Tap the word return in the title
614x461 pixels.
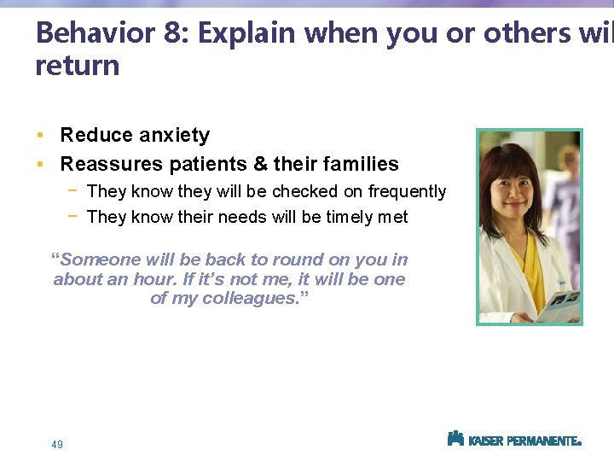point(78,66)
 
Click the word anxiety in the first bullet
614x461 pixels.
point(169,135)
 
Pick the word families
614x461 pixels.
point(358,163)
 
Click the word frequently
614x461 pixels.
point(407,191)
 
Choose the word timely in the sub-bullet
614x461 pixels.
point(345,217)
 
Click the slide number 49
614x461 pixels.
point(57,444)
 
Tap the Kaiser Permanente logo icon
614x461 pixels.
point(455,439)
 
